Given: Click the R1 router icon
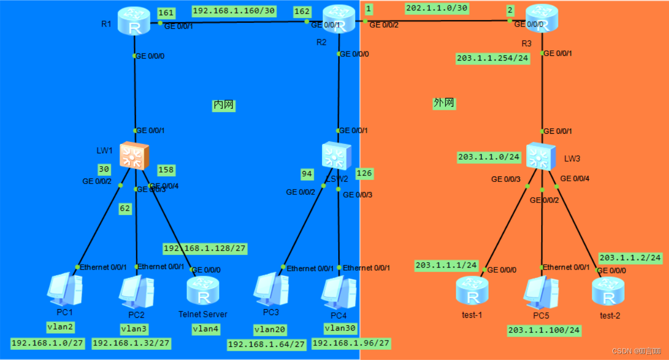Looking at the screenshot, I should tap(134, 21).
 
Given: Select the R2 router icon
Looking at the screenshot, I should tap(339, 20).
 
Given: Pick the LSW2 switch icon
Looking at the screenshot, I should tap(337, 156).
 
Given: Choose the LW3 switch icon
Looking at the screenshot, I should tap(541, 156).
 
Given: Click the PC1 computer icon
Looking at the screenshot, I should tap(64, 288).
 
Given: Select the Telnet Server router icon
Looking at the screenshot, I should tap(203, 292).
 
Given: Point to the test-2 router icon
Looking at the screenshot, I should tap(608, 291).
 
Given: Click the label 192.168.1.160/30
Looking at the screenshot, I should tap(234, 11).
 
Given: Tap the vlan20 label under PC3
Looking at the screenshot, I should tap(270, 330).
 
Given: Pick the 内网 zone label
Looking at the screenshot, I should tap(224, 105).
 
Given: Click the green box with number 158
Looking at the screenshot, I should tap(166, 170).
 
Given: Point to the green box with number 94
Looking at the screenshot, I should tap(307, 174).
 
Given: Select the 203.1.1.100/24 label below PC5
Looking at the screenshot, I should tap(544, 330).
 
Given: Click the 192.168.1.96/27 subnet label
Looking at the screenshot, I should tap(351, 343).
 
